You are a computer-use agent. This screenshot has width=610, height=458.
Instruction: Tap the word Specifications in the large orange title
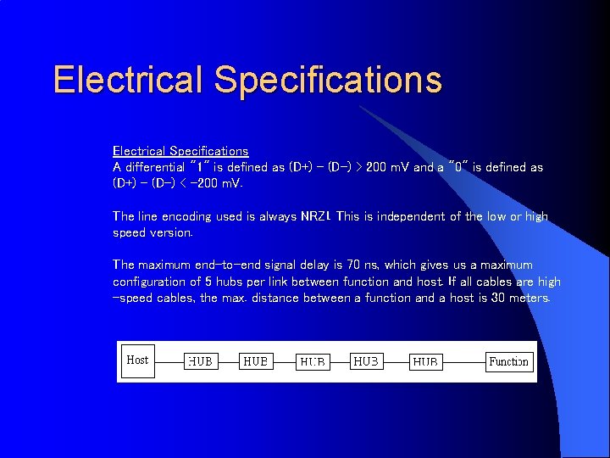[x=328, y=80]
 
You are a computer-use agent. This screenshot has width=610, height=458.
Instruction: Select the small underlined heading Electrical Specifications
[x=180, y=151]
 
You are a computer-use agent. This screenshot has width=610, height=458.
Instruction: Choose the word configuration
[x=150, y=282]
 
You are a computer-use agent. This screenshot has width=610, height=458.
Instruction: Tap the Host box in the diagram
[x=137, y=360]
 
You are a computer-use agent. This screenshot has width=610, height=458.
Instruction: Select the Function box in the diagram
[x=508, y=362]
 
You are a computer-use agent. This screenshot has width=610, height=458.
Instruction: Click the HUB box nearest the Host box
[x=200, y=362]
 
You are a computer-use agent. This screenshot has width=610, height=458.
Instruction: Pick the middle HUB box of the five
[x=313, y=362]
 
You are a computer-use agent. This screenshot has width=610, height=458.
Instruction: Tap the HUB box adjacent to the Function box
[x=425, y=362]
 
